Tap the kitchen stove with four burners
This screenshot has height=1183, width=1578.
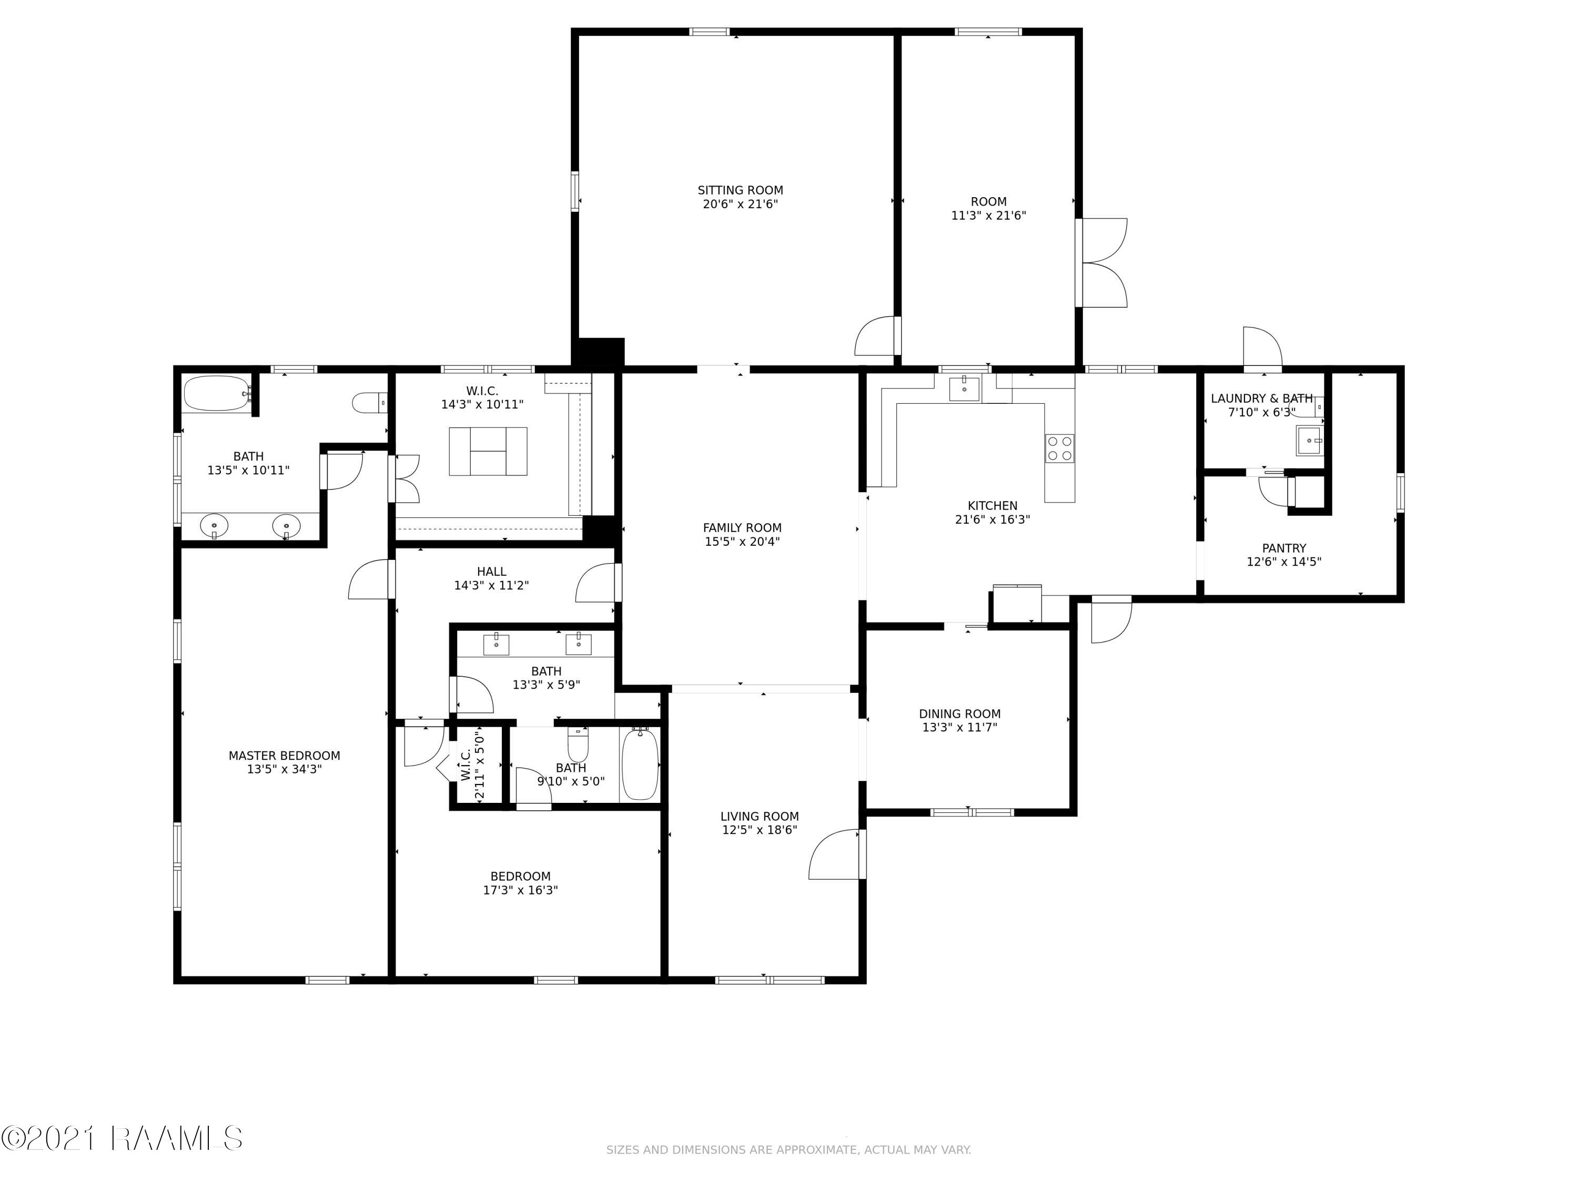[1059, 448]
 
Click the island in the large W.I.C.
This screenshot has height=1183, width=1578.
[488, 451]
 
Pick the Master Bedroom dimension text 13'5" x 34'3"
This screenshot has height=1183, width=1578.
[285, 769]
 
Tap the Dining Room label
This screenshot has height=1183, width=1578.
[959, 714]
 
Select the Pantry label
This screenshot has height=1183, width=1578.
[1284, 548]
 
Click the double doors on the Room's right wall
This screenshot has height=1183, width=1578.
[1102, 263]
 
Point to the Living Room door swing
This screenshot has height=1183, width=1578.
[835, 854]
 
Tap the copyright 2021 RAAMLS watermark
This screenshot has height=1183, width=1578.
[122, 1138]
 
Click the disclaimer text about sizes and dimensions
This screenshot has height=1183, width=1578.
[788, 1149]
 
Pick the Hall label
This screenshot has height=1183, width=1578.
[491, 572]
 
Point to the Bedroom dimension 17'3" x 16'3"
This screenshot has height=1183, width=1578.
[520, 890]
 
